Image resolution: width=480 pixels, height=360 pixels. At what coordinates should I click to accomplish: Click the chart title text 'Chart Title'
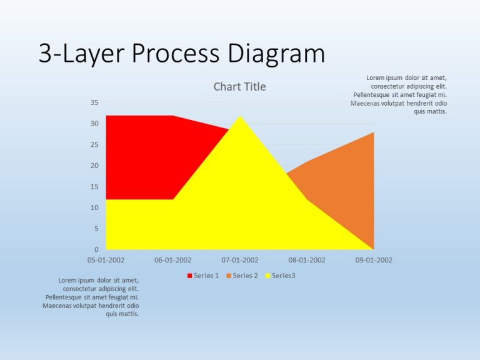(239, 87)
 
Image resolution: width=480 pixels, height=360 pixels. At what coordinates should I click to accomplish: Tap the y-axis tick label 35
(94, 102)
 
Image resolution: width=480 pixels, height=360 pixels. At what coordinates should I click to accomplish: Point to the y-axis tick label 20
(94, 166)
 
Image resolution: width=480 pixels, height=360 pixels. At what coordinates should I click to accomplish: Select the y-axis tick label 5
(96, 229)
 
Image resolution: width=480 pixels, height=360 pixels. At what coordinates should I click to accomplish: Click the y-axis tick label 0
(96, 249)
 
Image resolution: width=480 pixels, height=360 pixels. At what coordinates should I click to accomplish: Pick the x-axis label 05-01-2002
(106, 260)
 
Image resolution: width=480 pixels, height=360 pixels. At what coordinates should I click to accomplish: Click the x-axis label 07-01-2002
(240, 260)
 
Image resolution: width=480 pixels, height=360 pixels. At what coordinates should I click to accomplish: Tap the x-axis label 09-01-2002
(374, 260)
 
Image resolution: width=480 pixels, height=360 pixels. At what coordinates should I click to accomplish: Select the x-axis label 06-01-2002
(172, 260)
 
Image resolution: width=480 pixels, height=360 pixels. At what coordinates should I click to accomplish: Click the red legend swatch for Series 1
(189, 276)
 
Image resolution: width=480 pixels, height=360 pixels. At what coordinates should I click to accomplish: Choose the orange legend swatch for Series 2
(229, 276)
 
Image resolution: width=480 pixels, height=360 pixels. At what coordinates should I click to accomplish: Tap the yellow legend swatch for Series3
(267, 276)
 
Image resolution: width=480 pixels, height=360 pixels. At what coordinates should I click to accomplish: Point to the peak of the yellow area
(240, 117)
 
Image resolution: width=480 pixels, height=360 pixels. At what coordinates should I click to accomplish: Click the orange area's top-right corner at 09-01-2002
(373, 133)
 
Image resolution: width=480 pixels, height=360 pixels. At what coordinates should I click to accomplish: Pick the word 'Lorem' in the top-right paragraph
(376, 78)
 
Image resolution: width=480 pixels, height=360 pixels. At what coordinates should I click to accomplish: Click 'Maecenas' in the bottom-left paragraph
(56, 306)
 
